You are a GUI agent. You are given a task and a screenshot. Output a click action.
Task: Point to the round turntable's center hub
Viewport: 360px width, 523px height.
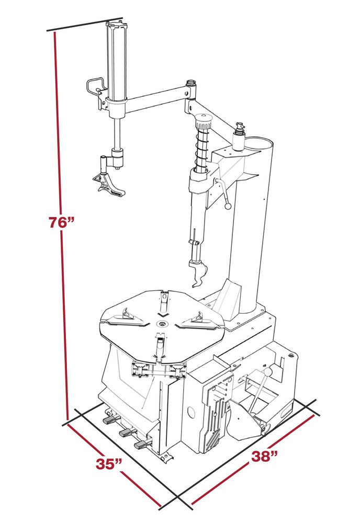point(162,325)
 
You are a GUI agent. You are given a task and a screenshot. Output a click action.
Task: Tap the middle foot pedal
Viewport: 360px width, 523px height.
point(126,433)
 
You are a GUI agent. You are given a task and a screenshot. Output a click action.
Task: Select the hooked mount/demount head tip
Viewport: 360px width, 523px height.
point(198,275)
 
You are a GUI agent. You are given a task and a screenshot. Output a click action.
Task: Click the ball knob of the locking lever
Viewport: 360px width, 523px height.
point(228,206)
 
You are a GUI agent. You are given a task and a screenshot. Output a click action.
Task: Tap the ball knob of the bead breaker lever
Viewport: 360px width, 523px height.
point(268,371)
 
